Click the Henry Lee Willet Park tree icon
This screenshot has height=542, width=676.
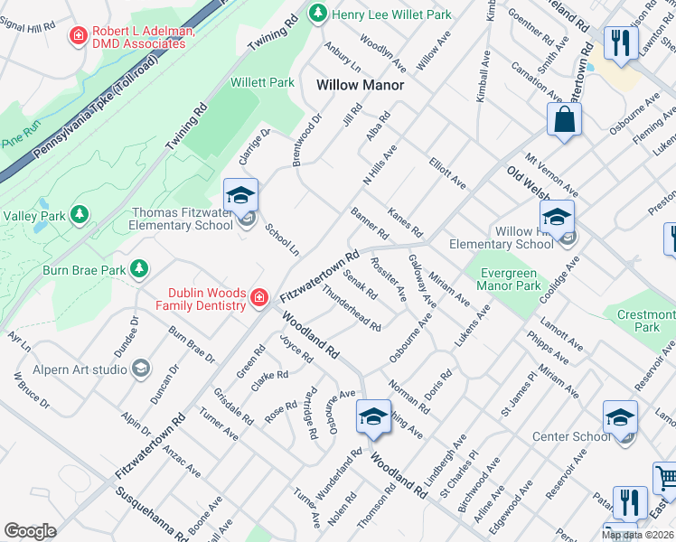pyautogui.click(x=317, y=13)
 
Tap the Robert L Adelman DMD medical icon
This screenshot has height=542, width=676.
pyautogui.click(x=79, y=35)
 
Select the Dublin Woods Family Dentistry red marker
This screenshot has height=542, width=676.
pyautogui.click(x=259, y=296)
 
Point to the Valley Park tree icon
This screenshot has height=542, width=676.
pyautogui.click(x=80, y=214)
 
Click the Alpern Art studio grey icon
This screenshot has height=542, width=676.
pyautogui.click(x=141, y=368)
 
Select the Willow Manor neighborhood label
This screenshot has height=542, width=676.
pyautogui.click(x=359, y=85)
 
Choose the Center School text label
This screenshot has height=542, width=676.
pyautogui.click(x=571, y=437)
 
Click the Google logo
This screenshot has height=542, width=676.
pyautogui.click(x=30, y=531)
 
